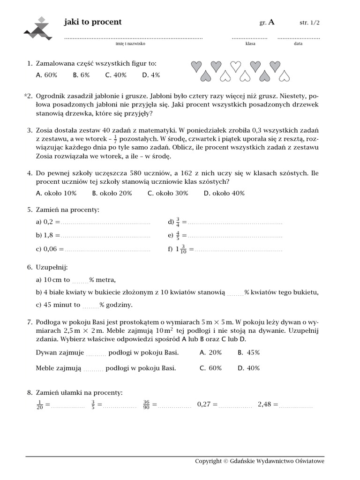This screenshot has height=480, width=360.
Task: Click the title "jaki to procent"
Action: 92,22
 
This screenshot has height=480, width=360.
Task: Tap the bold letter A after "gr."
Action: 272,22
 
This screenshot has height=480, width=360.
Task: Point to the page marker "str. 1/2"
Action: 310,22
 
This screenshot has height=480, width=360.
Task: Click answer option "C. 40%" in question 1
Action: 116,75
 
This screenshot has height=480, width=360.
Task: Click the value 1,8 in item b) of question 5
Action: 49,235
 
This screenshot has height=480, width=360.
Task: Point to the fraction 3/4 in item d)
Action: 178,222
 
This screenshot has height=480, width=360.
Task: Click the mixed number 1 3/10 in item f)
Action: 181,249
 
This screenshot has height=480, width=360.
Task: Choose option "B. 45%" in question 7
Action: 248,352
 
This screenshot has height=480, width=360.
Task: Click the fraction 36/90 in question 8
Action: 146,405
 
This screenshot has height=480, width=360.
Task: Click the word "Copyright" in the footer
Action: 208,461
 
